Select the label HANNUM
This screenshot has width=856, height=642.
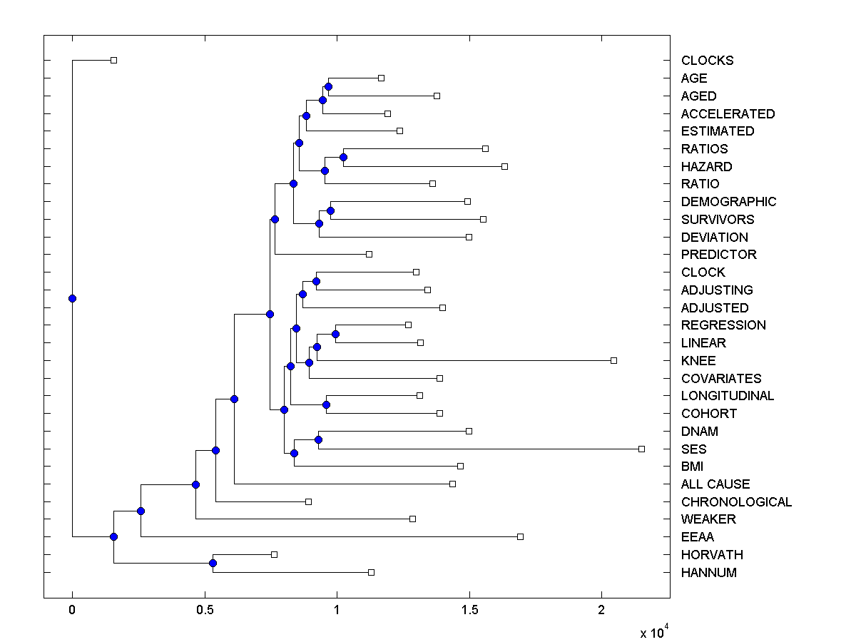[708, 573]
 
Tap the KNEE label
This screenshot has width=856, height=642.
[698, 361]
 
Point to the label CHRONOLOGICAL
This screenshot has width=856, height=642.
[736, 502]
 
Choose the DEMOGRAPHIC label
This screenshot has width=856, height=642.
[728, 202]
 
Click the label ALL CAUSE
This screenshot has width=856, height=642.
[715, 484]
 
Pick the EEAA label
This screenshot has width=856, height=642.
[697, 537]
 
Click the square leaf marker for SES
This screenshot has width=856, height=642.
[641, 449]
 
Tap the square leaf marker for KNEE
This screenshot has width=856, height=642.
[613, 360]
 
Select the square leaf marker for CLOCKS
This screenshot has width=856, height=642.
[113, 60]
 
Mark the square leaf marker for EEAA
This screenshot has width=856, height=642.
[520, 536]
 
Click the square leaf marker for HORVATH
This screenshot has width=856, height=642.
[274, 554]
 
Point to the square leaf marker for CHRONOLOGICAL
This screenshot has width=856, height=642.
[308, 501]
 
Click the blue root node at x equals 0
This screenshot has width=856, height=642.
[72, 298]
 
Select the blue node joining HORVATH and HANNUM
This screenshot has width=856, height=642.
[213, 564]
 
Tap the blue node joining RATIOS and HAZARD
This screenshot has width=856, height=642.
[343, 157]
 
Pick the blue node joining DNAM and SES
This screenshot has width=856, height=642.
[318, 439]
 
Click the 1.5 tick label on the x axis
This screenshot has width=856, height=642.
[469, 610]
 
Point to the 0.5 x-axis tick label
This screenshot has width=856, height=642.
[205, 610]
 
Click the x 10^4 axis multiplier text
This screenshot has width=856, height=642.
[653, 631]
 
